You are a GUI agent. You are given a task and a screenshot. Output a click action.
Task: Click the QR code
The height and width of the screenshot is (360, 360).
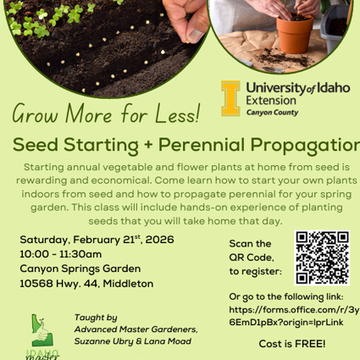coord(323,257)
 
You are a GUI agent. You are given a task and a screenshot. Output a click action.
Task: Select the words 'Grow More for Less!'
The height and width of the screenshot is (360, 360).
coord(107,112)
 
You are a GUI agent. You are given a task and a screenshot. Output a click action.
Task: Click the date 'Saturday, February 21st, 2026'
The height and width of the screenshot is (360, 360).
coord(97,240)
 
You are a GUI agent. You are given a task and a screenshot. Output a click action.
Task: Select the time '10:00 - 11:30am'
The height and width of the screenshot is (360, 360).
coord(60,254)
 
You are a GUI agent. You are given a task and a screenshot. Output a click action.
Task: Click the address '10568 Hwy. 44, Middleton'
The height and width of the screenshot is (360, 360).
coord(86,283)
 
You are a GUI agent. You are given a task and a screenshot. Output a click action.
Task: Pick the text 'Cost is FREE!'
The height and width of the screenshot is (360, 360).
coord(291,344)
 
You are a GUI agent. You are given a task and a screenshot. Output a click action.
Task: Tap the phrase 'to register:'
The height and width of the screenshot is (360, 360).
coord(255,271)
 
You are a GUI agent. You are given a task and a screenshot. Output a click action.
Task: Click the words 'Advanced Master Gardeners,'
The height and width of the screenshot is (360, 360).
coord(136,329)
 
